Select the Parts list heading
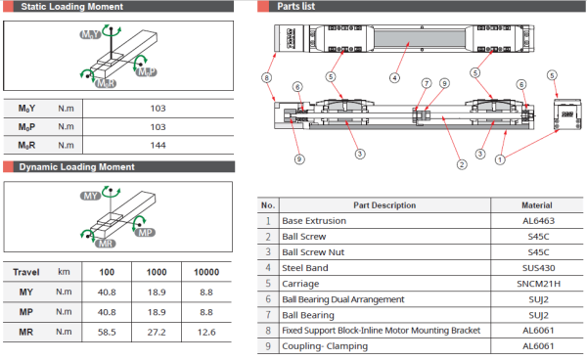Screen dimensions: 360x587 (x=295, y=7)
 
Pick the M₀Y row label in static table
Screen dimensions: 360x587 (x=28, y=108)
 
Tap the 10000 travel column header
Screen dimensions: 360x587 (x=206, y=273)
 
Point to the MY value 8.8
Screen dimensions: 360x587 (x=206, y=292)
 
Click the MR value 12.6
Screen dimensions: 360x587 (x=206, y=334)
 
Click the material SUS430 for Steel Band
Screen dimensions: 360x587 (x=538, y=268)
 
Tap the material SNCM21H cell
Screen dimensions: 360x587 (x=538, y=284)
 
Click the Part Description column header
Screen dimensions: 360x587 (x=384, y=204)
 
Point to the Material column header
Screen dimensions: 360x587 (x=538, y=204)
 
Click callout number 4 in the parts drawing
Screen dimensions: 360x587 (x=394, y=76)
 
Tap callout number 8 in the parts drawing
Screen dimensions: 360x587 (x=265, y=76)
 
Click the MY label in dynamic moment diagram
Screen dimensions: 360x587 (x=90, y=197)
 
